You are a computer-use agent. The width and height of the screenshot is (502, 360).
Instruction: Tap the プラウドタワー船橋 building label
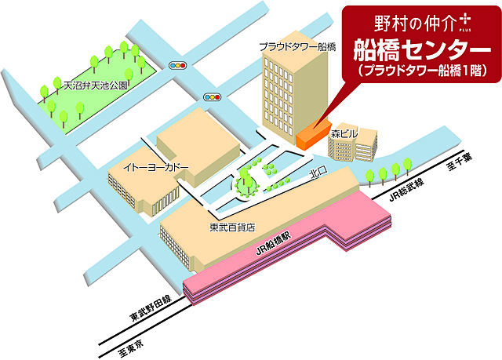298,47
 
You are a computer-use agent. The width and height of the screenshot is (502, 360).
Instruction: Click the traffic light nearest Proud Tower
212,96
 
